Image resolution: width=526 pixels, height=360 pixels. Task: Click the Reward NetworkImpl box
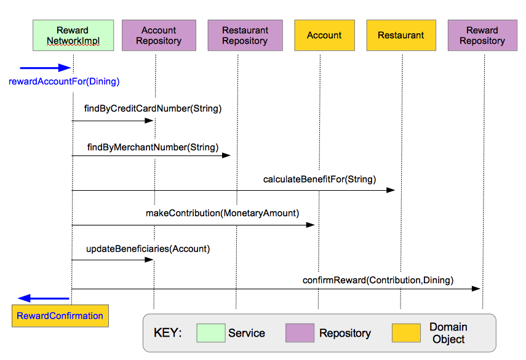point(73,35)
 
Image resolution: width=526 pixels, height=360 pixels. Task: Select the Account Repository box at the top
point(159,35)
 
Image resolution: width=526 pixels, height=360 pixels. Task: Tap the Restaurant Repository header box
point(245,35)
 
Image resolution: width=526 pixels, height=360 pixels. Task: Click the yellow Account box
point(324,35)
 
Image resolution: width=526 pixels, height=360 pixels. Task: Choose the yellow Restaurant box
point(401,35)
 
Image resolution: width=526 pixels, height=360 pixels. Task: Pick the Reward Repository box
point(482,35)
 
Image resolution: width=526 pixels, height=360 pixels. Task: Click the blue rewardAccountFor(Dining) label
point(64,81)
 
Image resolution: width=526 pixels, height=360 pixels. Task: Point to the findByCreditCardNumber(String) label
point(153,108)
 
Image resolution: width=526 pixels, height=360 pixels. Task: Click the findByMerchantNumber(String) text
point(153,147)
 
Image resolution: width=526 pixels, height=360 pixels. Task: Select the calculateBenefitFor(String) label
point(319,179)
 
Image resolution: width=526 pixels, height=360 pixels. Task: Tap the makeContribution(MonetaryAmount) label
point(222,213)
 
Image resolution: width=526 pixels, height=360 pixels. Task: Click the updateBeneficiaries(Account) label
point(148,249)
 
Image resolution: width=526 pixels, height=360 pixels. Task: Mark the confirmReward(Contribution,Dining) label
point(378,280)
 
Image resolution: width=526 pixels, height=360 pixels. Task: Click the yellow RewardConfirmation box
point(60,316)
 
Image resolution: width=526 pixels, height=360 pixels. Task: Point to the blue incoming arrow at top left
point(46,68)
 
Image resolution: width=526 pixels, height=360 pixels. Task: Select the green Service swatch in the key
point(210,333)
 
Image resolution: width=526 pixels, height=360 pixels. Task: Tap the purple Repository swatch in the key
point(300,333)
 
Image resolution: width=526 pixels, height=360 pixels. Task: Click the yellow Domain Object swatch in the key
point(406,333)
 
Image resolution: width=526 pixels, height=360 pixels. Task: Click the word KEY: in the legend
point(167,333)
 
